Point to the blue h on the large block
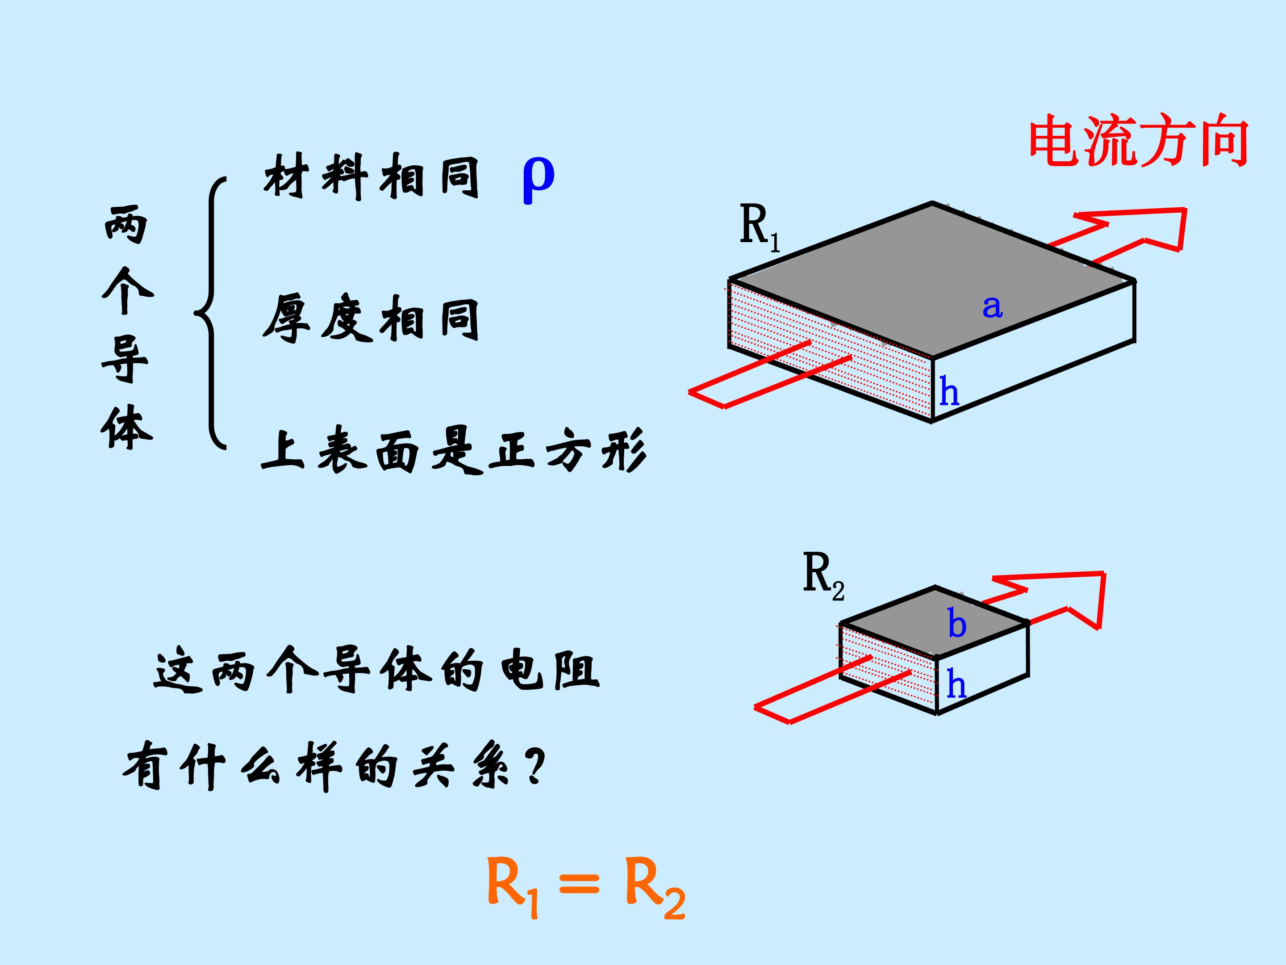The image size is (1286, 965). tap(949, 391)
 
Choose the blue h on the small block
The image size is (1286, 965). tap(956, 684)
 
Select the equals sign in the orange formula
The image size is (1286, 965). tap(578, 888)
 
